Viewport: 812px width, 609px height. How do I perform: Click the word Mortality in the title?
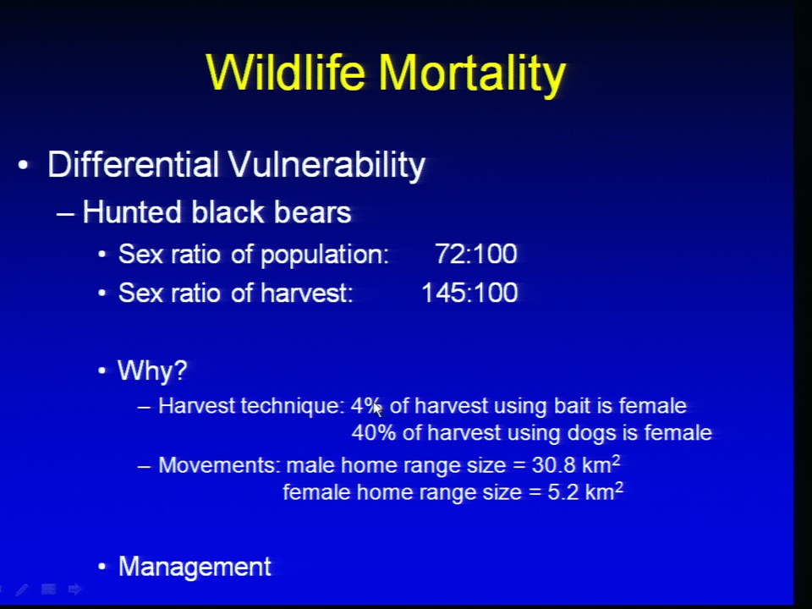click(472, 74)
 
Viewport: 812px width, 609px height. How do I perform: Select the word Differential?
click(133, 165)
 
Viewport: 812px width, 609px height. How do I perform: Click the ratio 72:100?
click(476, 254)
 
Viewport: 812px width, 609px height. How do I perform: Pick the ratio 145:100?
click(469, 293)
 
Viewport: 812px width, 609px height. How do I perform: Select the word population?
click(325, 255)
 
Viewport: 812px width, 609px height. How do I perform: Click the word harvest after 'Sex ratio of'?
click(306, 294)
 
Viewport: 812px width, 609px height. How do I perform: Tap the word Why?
click(152, 370)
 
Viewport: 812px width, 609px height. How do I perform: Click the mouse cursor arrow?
click(377, 409)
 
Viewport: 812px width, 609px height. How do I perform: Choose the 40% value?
click(373, 433)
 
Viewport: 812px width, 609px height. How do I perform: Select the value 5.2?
click(563, 492)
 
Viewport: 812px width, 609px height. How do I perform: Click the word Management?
click(195, 567)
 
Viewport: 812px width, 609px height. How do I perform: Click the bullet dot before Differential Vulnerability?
click(23, 166)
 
